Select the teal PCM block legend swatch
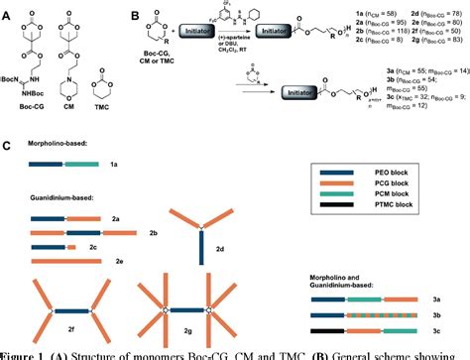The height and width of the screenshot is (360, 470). pyautogui.click(x=342, y=205)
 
